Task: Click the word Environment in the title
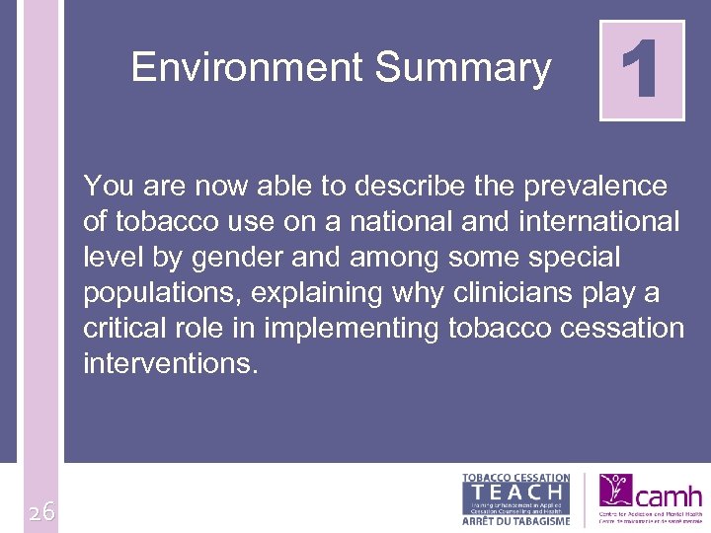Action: coord(247,68)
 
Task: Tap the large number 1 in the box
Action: coord(642,71)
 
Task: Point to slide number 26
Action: coord(41,511)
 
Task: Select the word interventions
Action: coord(171,364)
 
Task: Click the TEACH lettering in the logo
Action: coord(516,490)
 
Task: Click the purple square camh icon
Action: coord(615,491)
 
